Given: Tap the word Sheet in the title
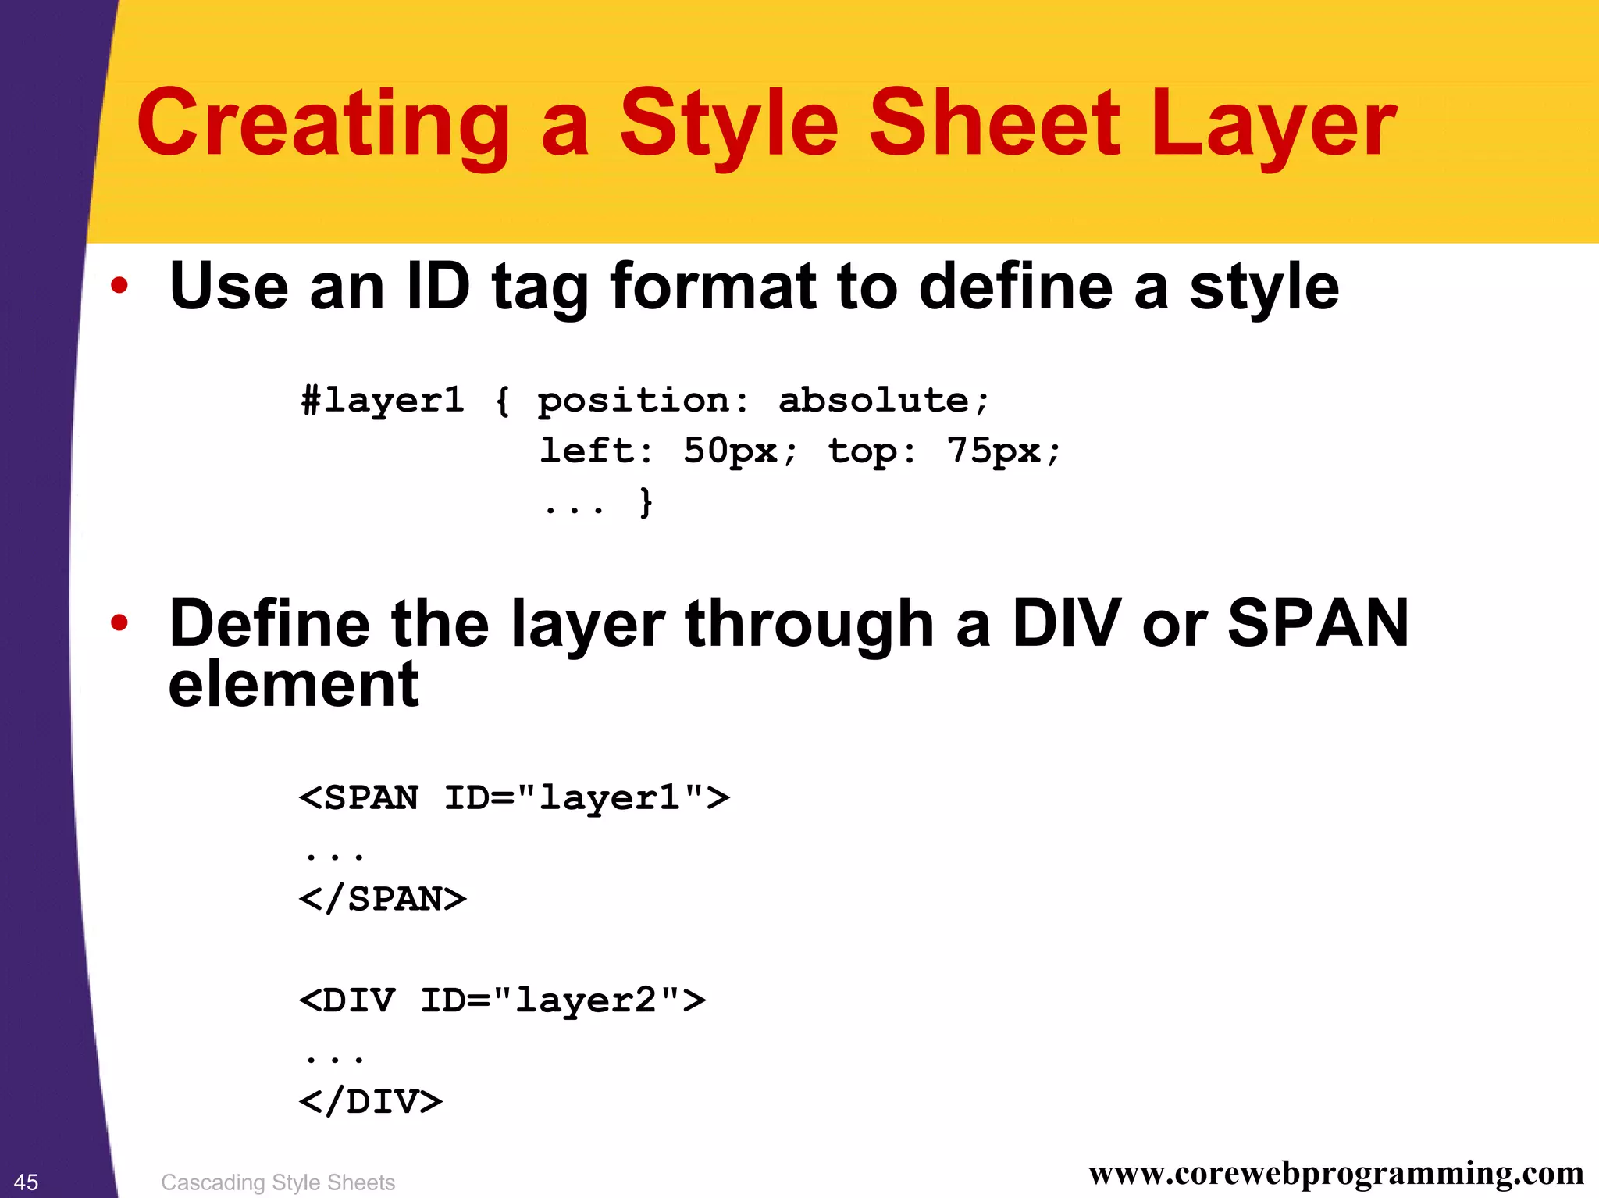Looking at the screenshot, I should click(994, 123).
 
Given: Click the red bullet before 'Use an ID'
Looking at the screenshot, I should click(119, 286).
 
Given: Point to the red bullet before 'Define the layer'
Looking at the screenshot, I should click(119, 623).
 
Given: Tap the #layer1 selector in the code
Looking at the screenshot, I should click(383, 401).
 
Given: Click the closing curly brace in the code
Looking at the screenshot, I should click(646, 502).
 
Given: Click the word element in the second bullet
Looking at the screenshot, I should click(294, 684).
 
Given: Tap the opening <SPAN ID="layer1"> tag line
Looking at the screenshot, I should click(514, 798).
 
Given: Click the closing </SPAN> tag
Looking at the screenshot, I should click(383, 900).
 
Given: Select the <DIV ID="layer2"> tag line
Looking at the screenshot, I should click(502, 1000).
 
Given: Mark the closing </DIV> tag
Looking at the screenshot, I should click(371, 1102).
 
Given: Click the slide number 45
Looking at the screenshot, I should click(26, 1182).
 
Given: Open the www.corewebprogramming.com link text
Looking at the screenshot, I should click(1336, 1174).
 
